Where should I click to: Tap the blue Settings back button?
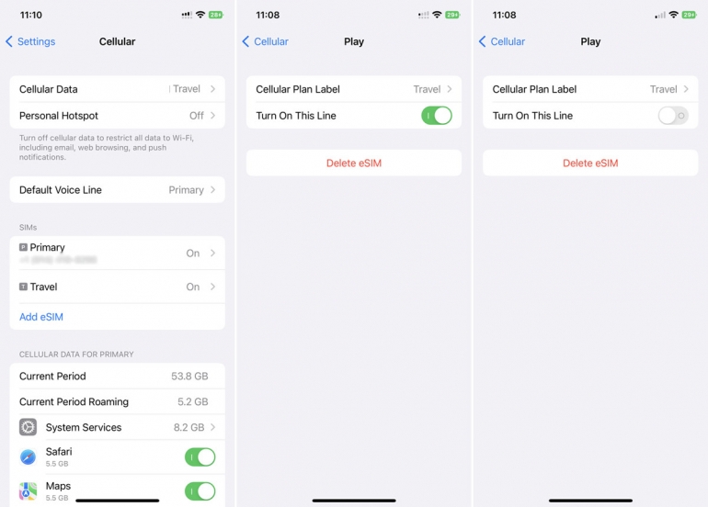point(30,41)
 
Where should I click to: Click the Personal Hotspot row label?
point(59,116)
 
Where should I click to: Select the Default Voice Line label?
point(61,190)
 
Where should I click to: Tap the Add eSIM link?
point(41,317)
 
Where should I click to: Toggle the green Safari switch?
point(200,456)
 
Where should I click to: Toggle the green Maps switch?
point(200,490)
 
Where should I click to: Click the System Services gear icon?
point(29,427)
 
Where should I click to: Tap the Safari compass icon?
point(29,456)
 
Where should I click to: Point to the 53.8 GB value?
point(189,377)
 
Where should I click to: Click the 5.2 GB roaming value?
point(192,402)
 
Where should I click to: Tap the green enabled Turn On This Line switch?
point(437,116)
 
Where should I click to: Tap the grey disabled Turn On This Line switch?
point(673,116)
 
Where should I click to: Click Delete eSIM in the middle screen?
point(354,163)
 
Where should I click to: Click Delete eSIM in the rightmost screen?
point(590,163)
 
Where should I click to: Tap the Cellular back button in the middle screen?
point(266,41)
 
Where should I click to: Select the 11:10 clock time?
point(31,15)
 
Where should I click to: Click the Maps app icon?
point(29,490)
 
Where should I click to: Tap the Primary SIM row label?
point(47,248)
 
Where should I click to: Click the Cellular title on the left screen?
point(117,41)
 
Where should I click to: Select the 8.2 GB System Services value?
point(188,428)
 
